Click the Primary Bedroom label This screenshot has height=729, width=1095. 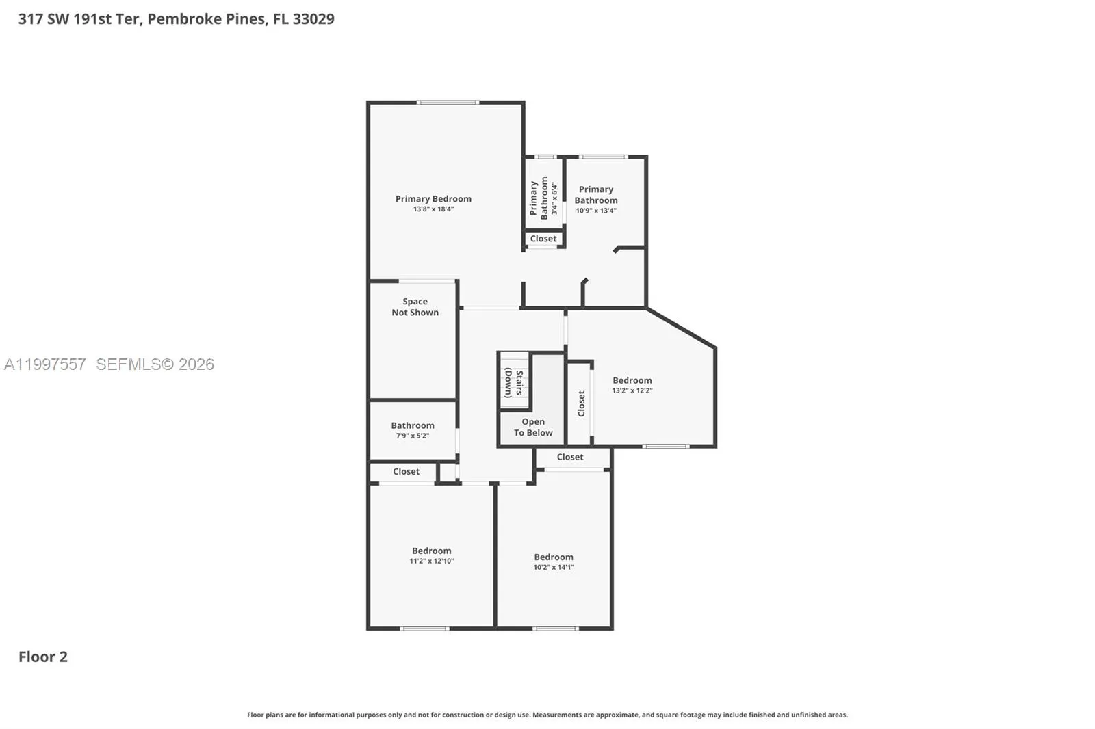click(433, 199)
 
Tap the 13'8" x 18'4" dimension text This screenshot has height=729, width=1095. click(433, 209)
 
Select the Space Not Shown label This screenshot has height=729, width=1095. click(415, 307)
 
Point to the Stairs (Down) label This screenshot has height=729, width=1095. click(514, 383)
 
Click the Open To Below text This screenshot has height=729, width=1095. click(533, 427)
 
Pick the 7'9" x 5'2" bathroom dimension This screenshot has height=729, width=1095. click(412, 436)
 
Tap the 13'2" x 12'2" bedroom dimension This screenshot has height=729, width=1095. click(632, 390)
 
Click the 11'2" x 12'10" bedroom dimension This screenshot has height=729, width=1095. click(432, 561)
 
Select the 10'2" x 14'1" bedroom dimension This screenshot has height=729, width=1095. click(554, 568)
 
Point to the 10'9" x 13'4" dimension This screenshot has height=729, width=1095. click(596, 211)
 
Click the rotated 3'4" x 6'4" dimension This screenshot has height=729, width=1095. click(554, 198)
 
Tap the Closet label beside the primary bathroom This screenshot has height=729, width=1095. click(543, 239)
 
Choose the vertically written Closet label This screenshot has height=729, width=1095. click(581, 403)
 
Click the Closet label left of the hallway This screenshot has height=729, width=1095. click(407, 471)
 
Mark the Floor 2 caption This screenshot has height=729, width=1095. click(43, 657)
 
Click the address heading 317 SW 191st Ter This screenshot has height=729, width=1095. click(81, 19)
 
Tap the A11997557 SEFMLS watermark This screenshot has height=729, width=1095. click(109, 364)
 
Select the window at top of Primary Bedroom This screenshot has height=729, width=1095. click(448, 103)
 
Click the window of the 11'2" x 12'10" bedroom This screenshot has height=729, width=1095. click(424, 628)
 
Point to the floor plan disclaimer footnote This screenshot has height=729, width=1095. click(547, 715)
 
